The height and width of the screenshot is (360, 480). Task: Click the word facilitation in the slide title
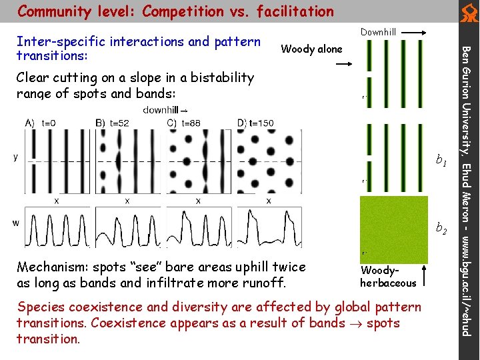click(x=293, y=11)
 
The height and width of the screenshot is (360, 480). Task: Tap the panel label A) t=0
click(x=41, y=123)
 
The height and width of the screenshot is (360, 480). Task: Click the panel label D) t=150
click(x=255, y=123)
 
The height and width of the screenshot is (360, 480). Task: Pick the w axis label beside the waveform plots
click(x=15, y=223)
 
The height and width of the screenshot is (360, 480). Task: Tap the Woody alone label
click(x=311, y=49)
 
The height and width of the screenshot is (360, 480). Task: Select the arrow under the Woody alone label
click(x=345, y=63)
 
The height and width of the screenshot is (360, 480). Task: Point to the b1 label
click(x=441, y=160)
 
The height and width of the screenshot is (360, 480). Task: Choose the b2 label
click(x=441, y=229)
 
